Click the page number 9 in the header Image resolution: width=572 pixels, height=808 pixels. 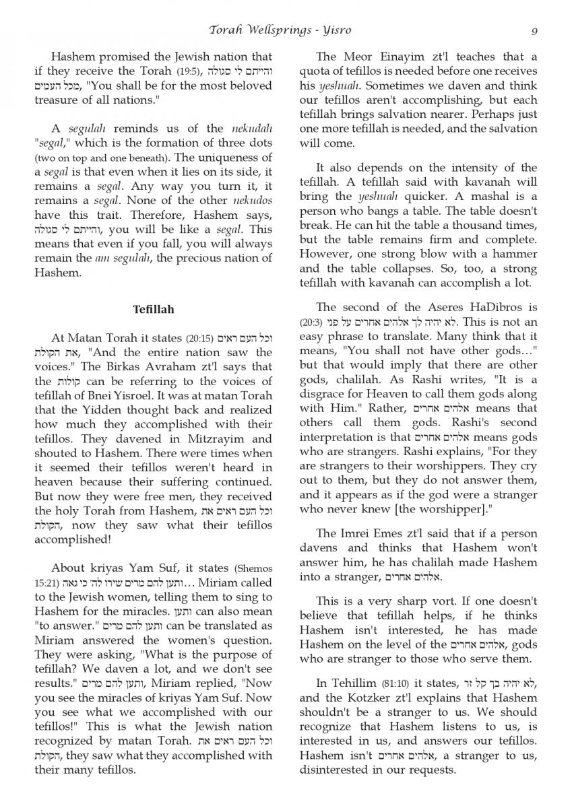[x=534, y=30]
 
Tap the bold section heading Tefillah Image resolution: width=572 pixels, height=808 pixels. [x=154, y=309]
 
